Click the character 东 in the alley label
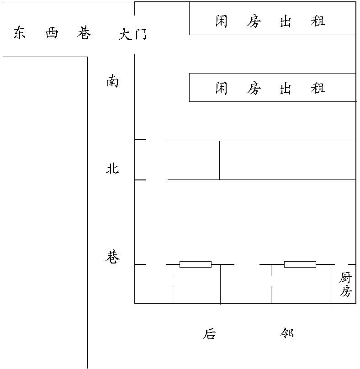[20, 32]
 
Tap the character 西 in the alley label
[52, 32]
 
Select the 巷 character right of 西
[84, 33]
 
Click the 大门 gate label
[132, 34]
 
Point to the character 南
[112, 81]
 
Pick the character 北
[112, 169]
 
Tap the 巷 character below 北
[112, 257]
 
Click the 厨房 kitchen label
[346, 284]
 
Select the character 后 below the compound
[209, 334]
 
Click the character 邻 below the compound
[287, 334]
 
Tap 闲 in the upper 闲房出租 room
[221, 21]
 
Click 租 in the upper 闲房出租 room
[318, 21]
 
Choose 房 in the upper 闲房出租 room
[254, 21]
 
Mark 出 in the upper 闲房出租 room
[286, 21]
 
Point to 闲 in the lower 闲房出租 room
[221, 88]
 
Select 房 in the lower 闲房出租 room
[254, 89]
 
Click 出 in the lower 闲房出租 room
[286, 89]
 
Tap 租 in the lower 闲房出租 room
[318, 88]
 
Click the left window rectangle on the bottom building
[196, 264]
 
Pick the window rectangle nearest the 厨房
[300, 264]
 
